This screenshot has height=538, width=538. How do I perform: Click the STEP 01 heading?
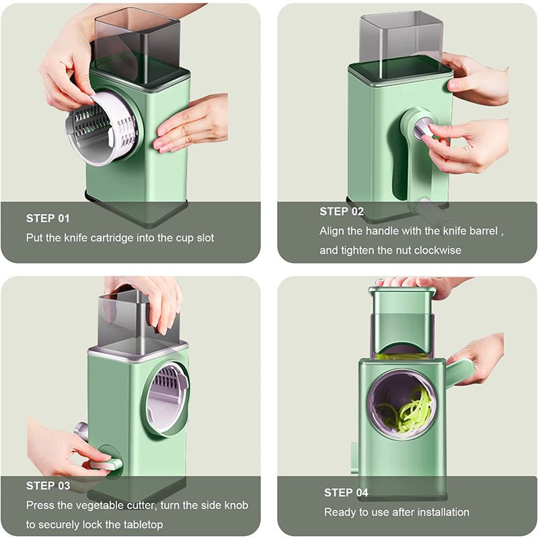coord(48,218)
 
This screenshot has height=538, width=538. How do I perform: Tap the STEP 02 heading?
coord(342,211)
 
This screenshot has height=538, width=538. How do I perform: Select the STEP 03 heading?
coord(48,486)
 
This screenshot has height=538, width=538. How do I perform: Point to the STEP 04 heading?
coord(346,493)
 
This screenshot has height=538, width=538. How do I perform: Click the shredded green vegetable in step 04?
coord(407,410)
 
